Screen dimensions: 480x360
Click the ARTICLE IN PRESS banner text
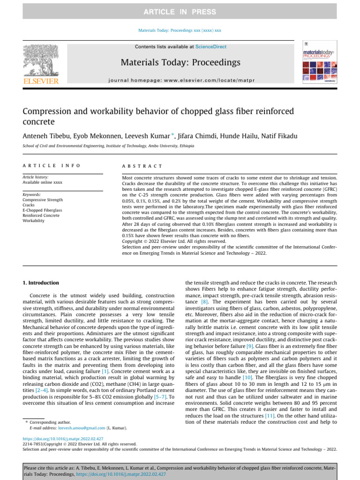point(180,12)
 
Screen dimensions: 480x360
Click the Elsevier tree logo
point(41,61)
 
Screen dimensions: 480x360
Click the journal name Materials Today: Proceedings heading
point(180,62)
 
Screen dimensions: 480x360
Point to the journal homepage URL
point(180,81)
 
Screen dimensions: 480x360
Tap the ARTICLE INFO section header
point(52,166)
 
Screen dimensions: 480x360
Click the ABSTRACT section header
point(142,166)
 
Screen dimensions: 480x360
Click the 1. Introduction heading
point(41,283)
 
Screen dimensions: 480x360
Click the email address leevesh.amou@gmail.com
point(72,428)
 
